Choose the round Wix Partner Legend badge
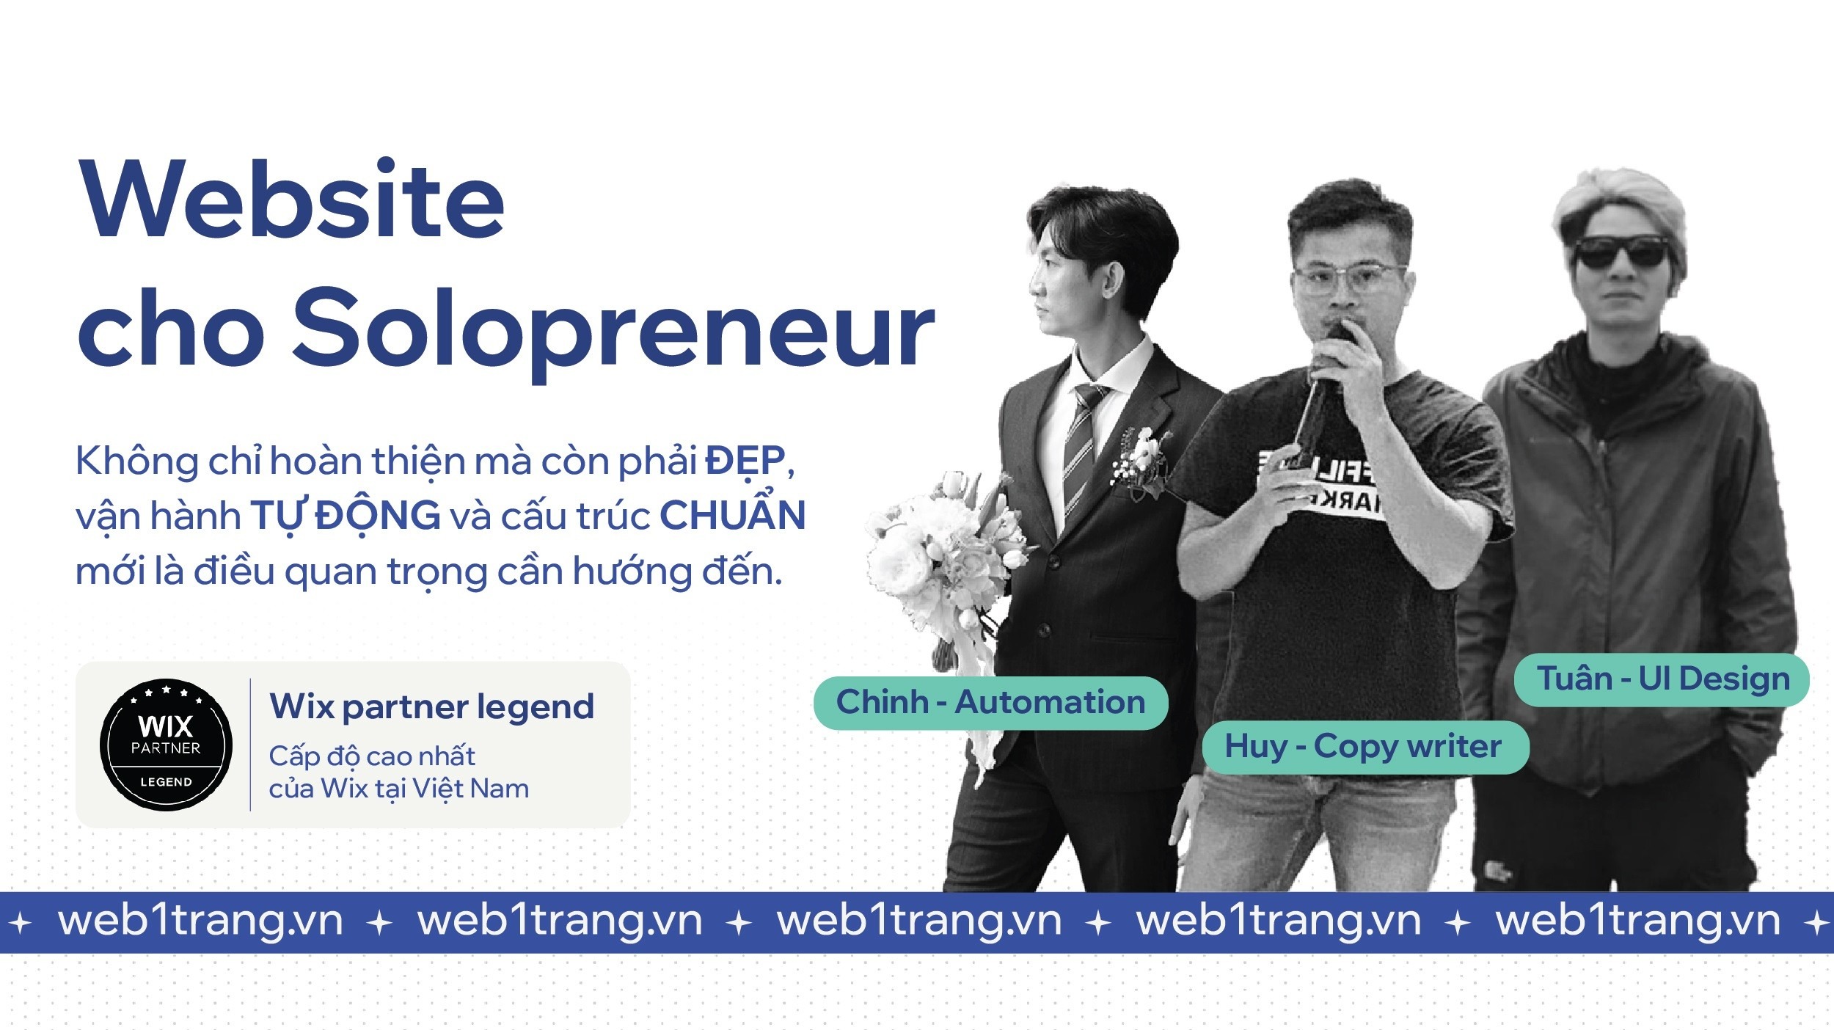(167, 745)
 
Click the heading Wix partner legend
(432, 706)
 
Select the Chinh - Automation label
(990, 703)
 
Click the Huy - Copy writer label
(1365, 748)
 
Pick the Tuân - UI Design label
(1662, 679)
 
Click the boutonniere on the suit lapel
(1139, 460)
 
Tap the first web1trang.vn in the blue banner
(200, 921)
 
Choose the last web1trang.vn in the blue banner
(1638, 921)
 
